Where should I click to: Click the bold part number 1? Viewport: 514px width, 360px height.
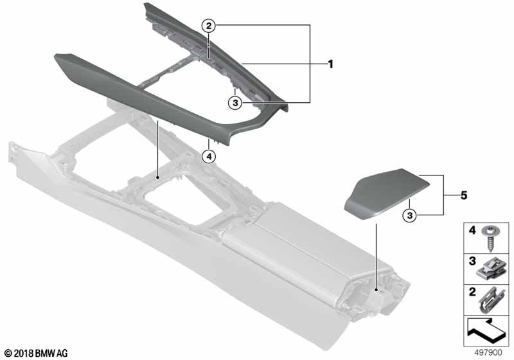330,64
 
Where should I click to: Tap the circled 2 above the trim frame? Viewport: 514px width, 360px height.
208,26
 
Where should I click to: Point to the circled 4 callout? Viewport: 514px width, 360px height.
208,155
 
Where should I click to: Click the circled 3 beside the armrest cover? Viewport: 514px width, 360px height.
409,214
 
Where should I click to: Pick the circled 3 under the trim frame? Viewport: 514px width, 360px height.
236,102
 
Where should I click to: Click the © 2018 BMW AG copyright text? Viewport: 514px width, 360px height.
35,353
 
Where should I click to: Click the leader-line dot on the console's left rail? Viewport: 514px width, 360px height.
157,175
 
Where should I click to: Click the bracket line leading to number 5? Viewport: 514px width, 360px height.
443,195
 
